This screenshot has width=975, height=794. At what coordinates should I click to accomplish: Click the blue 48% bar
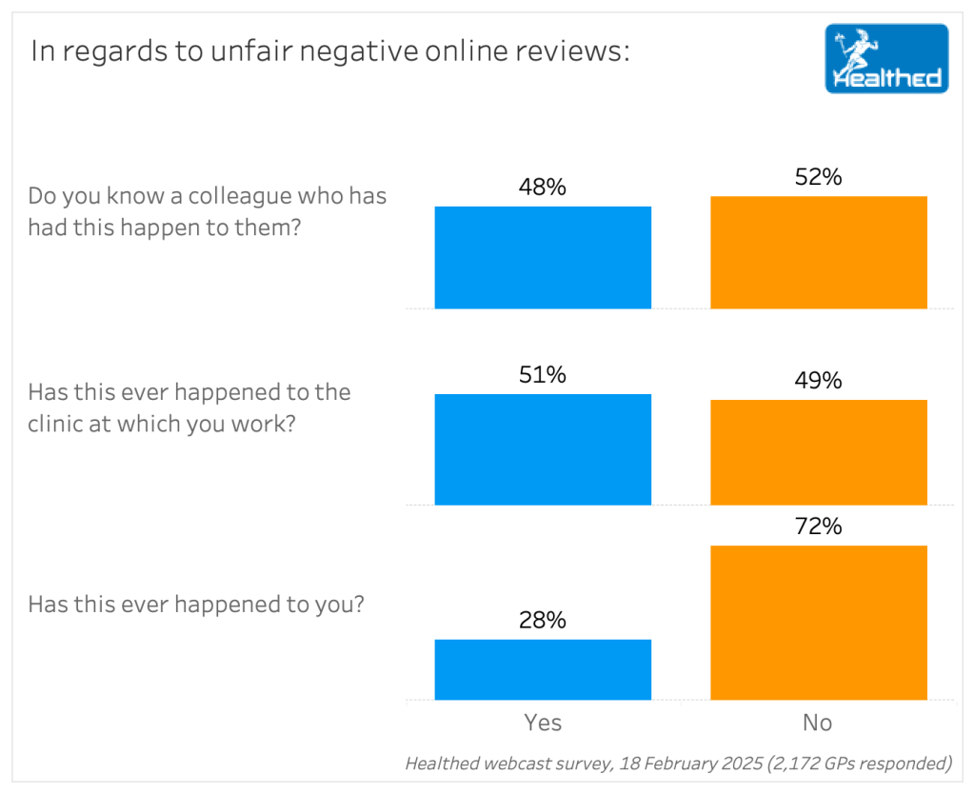(x=543, y=257)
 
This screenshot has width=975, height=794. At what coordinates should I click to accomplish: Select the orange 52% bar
(x=819, y=252)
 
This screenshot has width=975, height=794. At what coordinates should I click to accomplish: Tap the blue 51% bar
(x=543, y=449)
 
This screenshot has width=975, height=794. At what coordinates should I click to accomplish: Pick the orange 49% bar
(x=819, y=452)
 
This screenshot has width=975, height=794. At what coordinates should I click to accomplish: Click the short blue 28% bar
(x=543, y=669)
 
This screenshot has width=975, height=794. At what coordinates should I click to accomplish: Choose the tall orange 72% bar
(x=819, y=623)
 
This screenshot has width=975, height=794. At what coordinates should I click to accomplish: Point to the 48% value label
(x=543, y=188)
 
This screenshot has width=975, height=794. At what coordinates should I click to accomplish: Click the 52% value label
(x=819, y=177)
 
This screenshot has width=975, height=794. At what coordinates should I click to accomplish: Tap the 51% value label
(x=543, y=375)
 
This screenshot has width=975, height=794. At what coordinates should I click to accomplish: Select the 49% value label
(x=819, y=381)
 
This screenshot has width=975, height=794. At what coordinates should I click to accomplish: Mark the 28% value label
(x=543, y=621)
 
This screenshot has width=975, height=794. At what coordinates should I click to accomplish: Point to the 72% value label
(x=819, y=526)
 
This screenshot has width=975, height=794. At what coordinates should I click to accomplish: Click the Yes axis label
(x=543, y=724)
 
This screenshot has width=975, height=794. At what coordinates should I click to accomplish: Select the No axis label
(x=818, y=724)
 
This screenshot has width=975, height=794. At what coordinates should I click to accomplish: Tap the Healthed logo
(x=886, y=59)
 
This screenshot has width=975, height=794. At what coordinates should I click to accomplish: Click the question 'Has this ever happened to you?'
(x=195, y=605)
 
